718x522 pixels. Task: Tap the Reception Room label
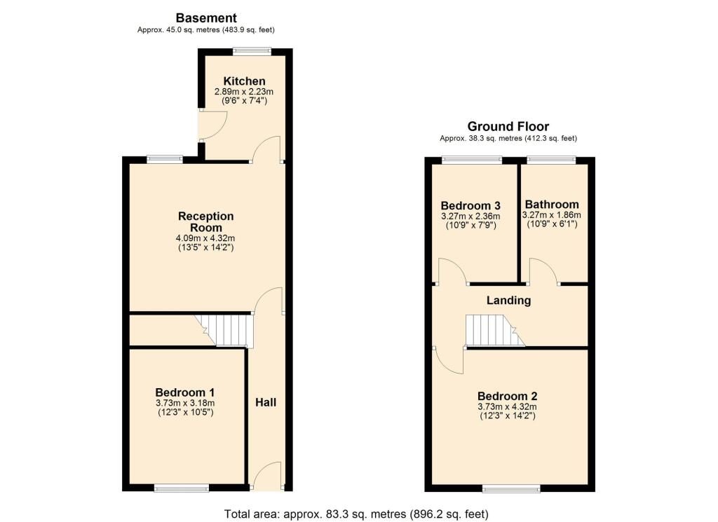[205, 221]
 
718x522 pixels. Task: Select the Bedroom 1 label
[185, 392]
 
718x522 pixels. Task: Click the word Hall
[266, 402]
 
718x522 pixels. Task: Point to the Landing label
[509, 301]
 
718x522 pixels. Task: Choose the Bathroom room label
[552, 205]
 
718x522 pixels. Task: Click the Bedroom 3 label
[470, 205]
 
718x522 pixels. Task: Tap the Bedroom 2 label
[507, 395]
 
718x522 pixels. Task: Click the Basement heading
[206, 18]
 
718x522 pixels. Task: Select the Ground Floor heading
[508, 127]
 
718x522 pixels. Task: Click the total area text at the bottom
[356, 514]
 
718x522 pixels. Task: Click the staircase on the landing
[494, 330]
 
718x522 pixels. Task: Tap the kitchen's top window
[252, 50]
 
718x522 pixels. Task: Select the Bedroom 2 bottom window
[510, 488]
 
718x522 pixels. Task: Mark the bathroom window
[552, 160]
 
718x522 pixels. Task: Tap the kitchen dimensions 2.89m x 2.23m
[241, 92]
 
